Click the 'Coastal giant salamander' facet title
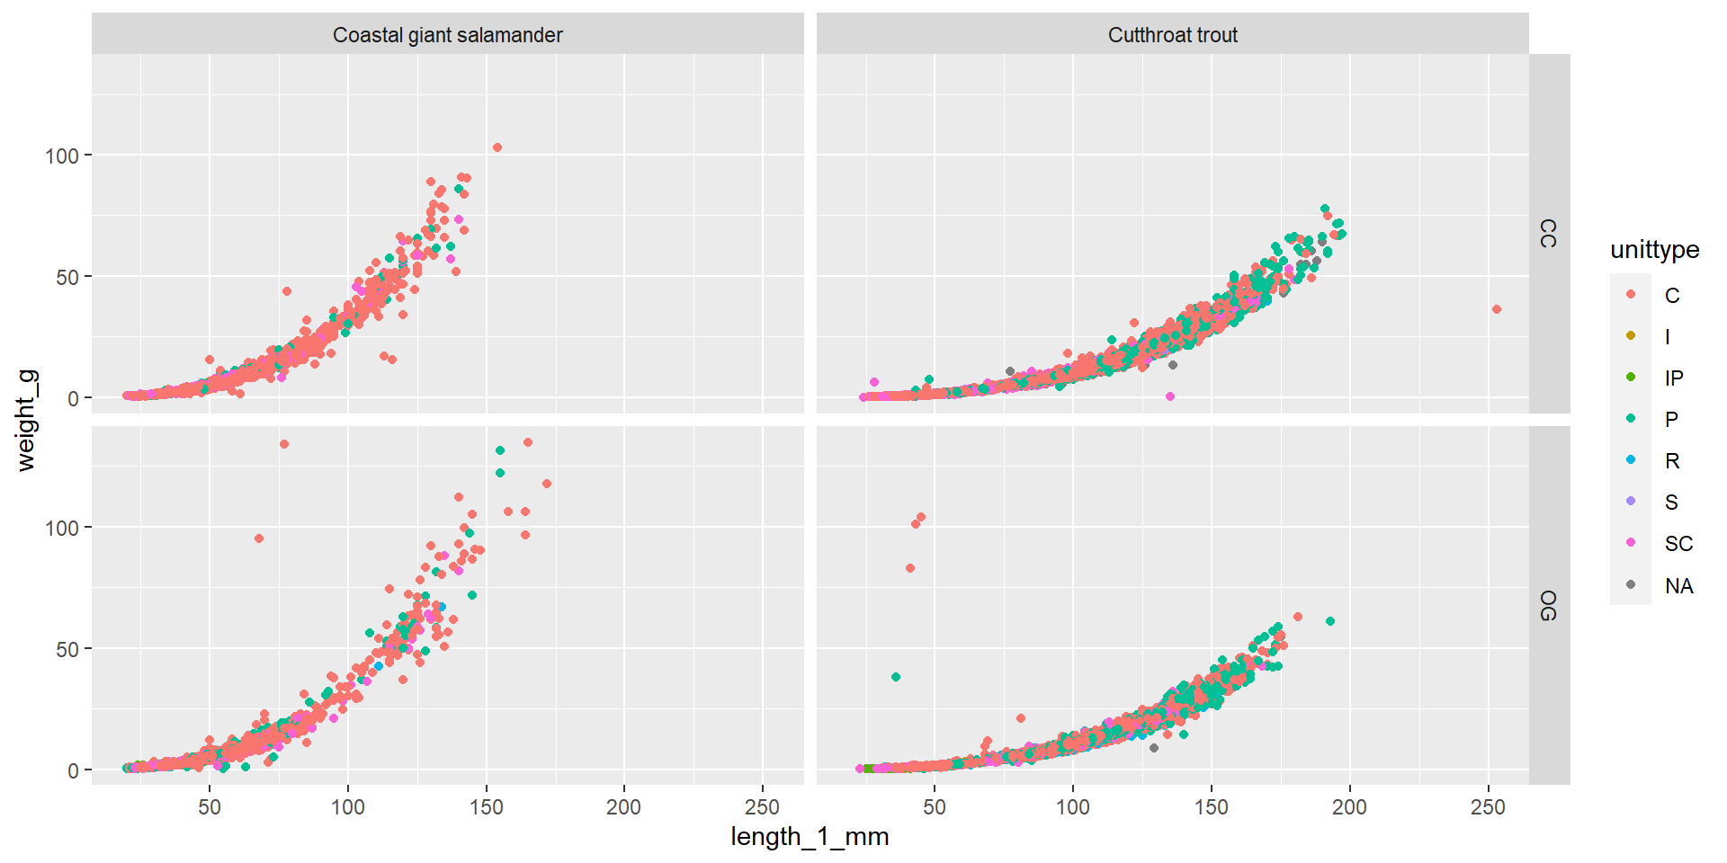coord(447,35)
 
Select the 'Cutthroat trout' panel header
coord(1172,35)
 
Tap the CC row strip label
coord(1548,233)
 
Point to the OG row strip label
coord(1548,605)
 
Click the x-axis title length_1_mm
coord(810,837)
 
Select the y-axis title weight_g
coord(26,420)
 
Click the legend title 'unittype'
coord(1654,250)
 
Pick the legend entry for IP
coord(1673,378)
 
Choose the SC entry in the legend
coord(1678,543)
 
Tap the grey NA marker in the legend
coord(1631,584)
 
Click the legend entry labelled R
coord(1671,460)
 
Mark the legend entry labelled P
coord(1671,419)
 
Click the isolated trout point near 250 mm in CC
coord(1497,309)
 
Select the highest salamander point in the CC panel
coord(497,147)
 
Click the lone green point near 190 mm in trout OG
coord(1330,621)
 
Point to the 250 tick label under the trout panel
coord(1487,807)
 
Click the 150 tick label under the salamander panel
coord(486,807)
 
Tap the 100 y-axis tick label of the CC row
coord(62,156)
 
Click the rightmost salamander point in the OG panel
coord(547,484)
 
